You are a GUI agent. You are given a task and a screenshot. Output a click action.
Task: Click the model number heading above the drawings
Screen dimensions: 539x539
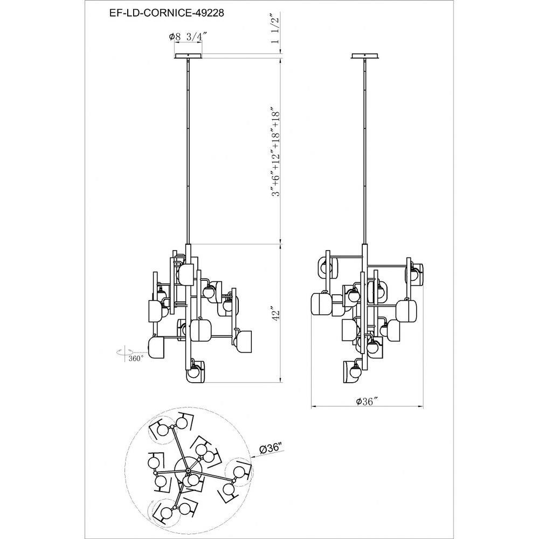[167, 13]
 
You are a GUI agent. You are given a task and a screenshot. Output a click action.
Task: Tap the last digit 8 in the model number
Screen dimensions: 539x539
[220, 13]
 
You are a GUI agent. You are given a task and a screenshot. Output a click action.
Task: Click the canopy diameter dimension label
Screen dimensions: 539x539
[188, 37]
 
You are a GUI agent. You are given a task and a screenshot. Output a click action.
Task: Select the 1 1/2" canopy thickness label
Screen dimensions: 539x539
[275, 29]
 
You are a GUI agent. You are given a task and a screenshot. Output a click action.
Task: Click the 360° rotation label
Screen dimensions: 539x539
[136, 358]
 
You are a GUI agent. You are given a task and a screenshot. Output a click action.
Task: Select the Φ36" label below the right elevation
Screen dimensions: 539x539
[367, 402]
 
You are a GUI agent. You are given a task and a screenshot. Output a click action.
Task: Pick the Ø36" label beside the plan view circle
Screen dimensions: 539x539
[270, 448]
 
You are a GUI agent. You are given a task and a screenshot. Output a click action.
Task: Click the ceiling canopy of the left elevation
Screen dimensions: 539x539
[188, 56]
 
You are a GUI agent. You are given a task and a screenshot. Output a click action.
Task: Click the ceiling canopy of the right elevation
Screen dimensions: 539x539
[365, 56]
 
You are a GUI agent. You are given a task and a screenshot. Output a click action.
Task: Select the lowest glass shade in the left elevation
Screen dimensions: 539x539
[196, 371]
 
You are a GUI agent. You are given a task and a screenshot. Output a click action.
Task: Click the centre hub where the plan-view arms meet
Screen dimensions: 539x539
[188, 469]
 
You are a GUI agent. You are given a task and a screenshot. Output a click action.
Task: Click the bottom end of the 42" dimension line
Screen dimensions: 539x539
[281, 382]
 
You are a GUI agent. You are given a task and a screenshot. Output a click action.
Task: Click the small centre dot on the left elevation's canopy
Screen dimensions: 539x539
[188, 56]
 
